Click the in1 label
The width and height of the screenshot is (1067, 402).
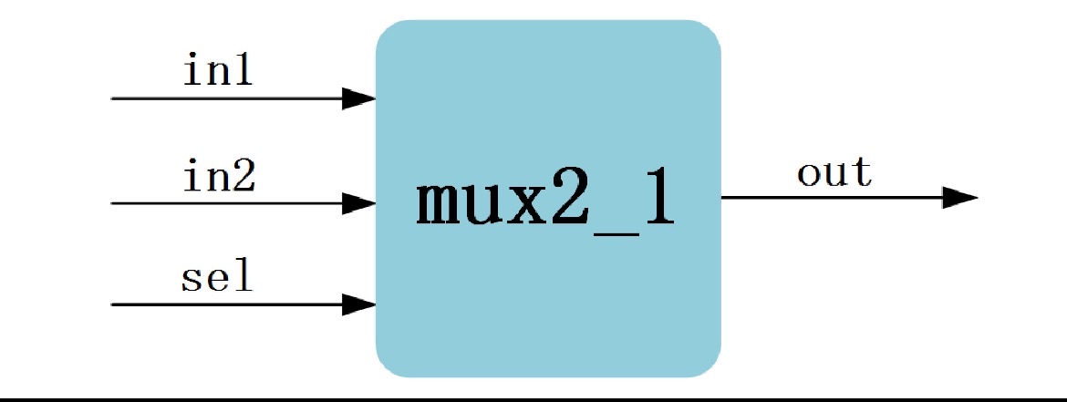(218, 71)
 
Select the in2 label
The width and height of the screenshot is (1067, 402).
(219, 176)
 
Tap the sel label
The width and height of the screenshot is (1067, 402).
(217, 277)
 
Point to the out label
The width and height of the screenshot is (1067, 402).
(834, 171)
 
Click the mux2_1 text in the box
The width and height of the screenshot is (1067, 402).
(545, 201)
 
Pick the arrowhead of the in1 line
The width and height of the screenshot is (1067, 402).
(358, 98)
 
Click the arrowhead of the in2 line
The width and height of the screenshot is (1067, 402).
(358, 203)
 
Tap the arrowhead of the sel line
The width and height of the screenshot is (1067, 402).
(358, 304)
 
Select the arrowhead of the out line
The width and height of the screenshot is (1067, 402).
(959, 197)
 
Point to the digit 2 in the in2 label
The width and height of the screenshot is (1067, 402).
(243, 176)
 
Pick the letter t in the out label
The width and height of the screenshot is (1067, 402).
(862, 171)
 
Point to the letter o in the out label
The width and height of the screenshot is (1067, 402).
(808, 173)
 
